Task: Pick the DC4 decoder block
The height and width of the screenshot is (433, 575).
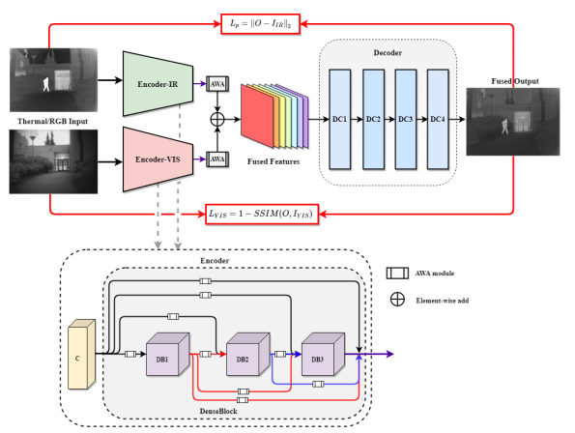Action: pyautogui.click(x=438, y=118)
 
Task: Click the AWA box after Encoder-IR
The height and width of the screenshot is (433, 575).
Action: pyautogui.click(x=217, y=83)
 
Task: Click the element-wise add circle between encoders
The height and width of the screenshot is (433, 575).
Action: pyautogui.click(x=217, y=120)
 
